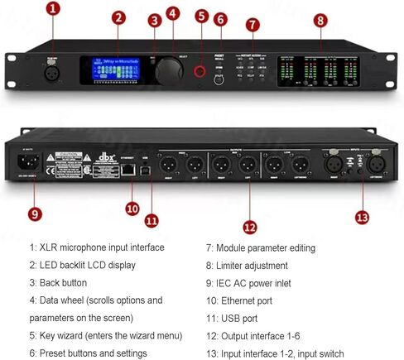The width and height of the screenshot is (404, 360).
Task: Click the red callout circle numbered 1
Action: click(x=54, y=8)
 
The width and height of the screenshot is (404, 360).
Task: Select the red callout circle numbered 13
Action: click(x=362, y=218)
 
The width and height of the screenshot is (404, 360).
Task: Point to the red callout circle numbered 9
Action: click(x=34, y=213)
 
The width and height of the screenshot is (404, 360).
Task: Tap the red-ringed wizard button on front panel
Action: click(x=200, y=73)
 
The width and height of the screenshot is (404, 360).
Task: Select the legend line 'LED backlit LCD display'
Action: click(x=82, y=265)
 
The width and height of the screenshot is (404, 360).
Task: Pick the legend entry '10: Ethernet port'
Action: click(x=247, y=300)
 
